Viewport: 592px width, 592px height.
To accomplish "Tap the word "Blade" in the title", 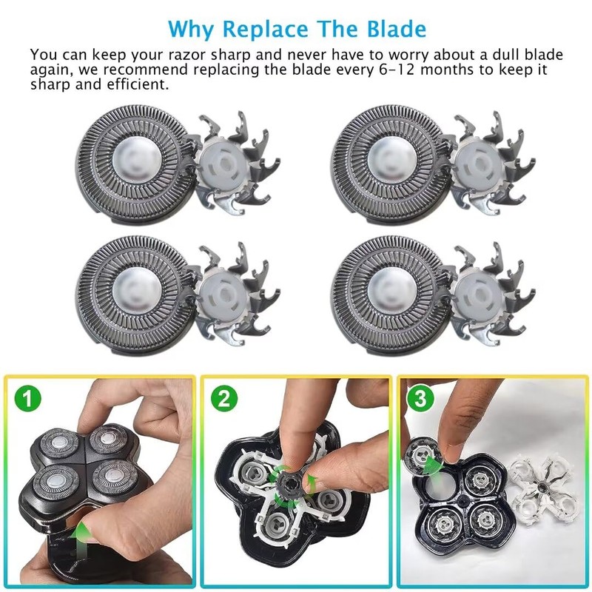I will click(x=397, y=30).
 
